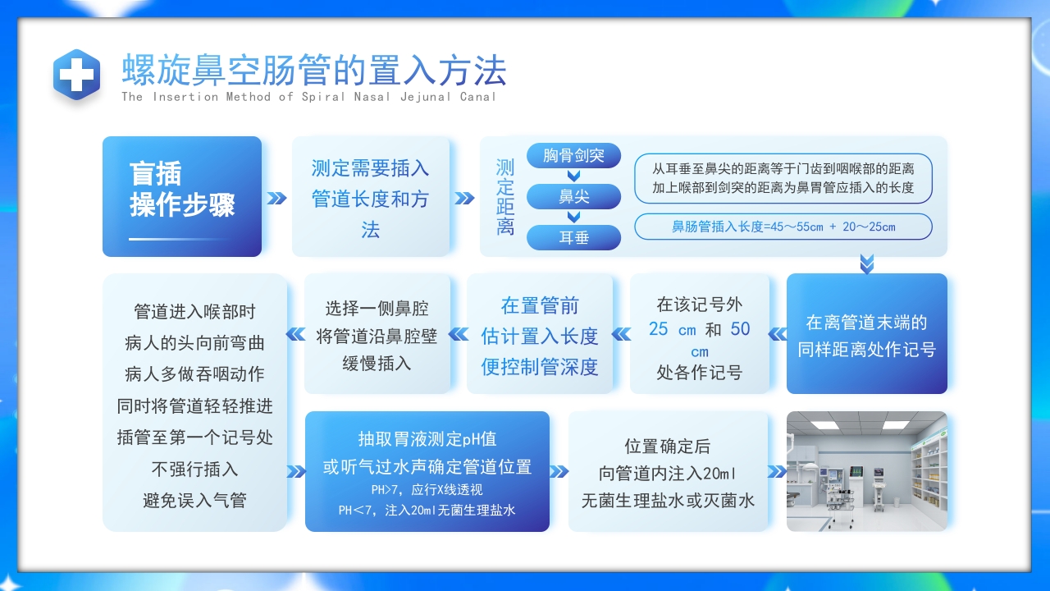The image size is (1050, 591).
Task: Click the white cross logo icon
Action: click(x=77, y=76)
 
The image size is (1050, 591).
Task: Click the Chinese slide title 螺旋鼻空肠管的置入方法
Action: click(x=313, y=71)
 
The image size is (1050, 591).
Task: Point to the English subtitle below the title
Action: click(x=308, y=97)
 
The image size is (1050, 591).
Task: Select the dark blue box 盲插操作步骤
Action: click(x=182, y=196)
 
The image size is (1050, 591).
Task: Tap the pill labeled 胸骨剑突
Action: click(x=573, y=155)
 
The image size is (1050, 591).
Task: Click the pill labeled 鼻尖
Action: click(x=573, y=197)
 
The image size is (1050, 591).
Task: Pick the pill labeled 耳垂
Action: click(x=573, y=238)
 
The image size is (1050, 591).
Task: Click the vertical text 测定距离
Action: click(x=504, y=197)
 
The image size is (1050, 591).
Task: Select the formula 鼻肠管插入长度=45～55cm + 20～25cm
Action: click(x=783, y=227)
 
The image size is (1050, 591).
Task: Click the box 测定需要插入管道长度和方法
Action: click(x=371, y=197)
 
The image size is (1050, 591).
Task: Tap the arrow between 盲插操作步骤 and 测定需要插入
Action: click(x=277, y=198)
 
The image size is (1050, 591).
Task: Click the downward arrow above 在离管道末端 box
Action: click(x=866, y=263)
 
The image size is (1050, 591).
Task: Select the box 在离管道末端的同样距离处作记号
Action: click(x=866, y=335)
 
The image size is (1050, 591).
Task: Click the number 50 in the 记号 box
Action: click(x=740, y=329)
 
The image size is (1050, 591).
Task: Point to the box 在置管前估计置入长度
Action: click(x=540, y=335)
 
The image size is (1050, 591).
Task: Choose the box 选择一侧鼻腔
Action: click(x=377, y=335)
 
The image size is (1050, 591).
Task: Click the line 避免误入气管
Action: click(x=194, y=500)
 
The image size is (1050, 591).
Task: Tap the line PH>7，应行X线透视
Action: click(x=427, y=490)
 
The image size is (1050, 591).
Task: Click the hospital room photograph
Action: click(x=866, y=471)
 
